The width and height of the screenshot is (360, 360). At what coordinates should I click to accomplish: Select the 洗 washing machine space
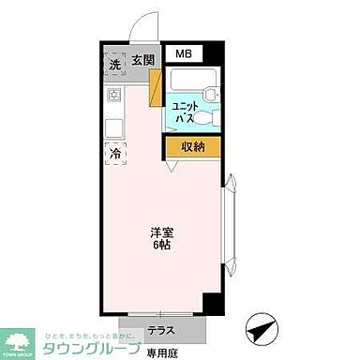[x=114, y=64]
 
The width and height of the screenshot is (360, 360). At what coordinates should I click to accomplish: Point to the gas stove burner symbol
[x=114, y=95]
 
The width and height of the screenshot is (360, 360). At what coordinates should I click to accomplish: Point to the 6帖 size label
[x=162, y=246]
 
